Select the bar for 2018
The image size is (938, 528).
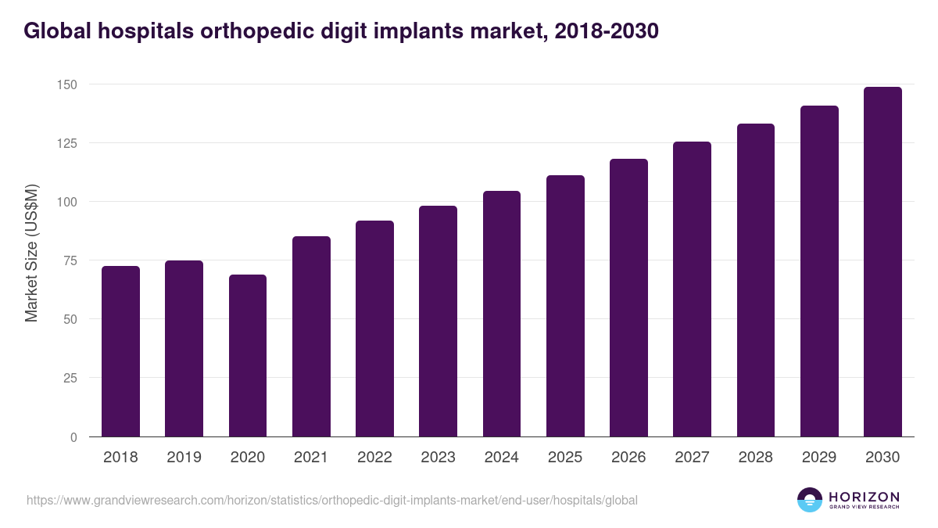point(120,351)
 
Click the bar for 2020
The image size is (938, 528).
point(248,356)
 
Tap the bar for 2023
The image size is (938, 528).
point(438,321)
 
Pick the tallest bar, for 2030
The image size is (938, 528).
point(883,262)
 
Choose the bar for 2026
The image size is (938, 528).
point(628,297)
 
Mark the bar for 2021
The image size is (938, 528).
point(311,336)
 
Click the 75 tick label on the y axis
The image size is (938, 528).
point(71,260)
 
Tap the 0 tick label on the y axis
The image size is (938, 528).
point(74,437)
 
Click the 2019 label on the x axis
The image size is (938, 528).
point(184,458)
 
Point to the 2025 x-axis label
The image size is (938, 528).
point(565,458)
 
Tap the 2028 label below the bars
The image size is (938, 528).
point(756,458)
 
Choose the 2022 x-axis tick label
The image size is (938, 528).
point(374,458)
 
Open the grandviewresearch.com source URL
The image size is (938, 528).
point(332,500)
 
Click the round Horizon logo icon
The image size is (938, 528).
point(810,500)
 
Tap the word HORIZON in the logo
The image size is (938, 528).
point(864,497)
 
